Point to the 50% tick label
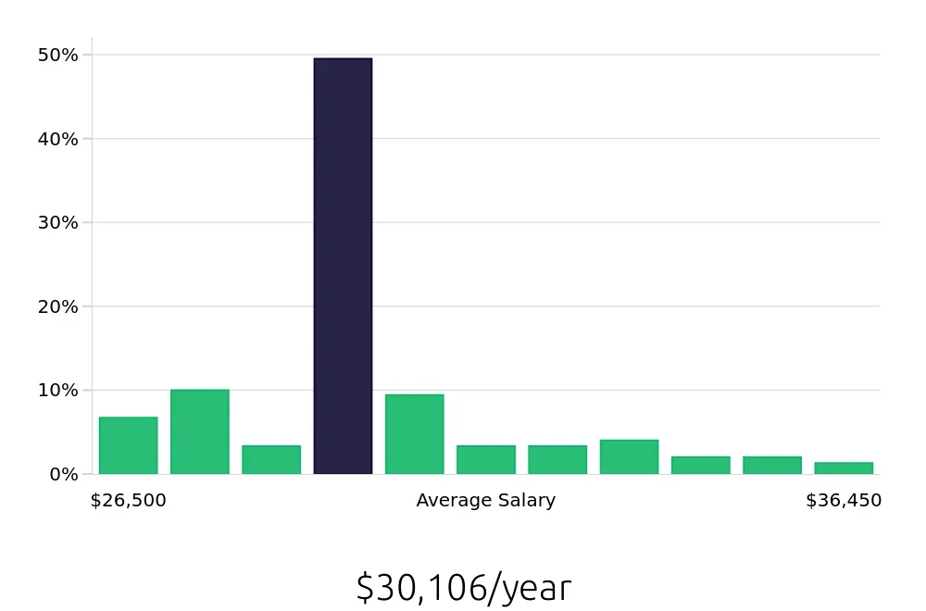click(58, 56)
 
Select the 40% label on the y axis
click(58, 139)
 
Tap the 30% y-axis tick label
click(58, 223)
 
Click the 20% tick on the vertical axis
click(58, 306)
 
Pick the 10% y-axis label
click(58, 390)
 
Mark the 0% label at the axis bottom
click(63, 474)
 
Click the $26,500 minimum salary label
click(128, 501)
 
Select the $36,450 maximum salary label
click(843, 501)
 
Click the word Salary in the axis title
click(526, 501)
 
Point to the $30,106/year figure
click(463, 588)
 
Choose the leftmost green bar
click(128, 445)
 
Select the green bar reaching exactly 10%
click(199, 431)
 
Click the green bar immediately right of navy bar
click(414, 434)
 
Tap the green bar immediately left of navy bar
click(271, 459)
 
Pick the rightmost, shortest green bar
click(844, 468)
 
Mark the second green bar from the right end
click(771, 465)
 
